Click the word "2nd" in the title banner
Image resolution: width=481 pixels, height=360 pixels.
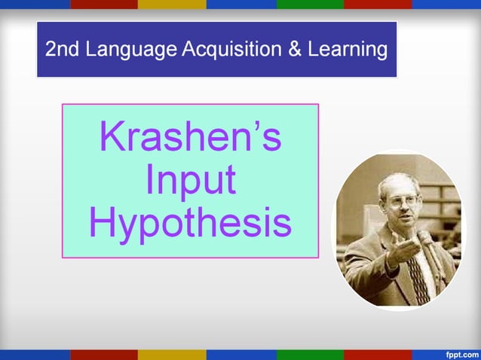tap(63, 50)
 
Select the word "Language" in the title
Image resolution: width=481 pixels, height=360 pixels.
tap(131, 50)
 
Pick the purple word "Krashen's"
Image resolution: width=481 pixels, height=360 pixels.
tap(190, 138)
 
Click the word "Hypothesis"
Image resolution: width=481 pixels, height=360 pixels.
tap(190, 223)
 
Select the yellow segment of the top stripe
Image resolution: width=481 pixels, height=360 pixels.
tap(172, 4)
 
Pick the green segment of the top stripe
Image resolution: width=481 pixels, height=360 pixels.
tap(310, 4)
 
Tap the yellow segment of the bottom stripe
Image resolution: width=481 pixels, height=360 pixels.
tap(172, 355)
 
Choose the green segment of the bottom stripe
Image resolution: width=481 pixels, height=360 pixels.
tap(310, 355)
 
